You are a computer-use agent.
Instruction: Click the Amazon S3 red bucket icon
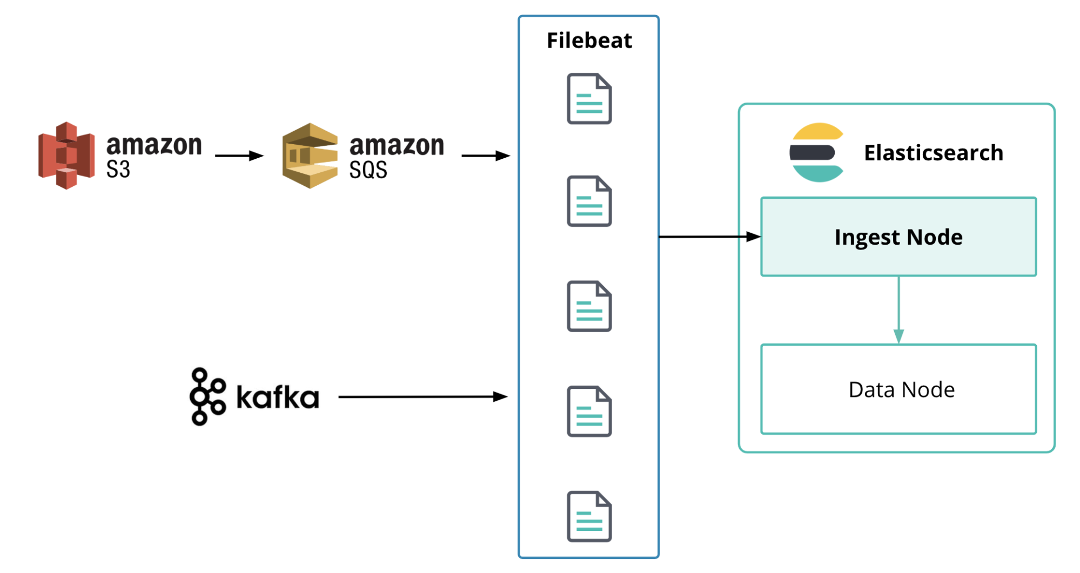(x=66, y=156)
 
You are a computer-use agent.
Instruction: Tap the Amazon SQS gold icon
(x=310, y=156)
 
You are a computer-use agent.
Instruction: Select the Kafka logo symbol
(x=207, y=396)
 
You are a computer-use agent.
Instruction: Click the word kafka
(x=278, y=397)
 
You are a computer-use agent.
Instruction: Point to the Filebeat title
(x=589, y=41)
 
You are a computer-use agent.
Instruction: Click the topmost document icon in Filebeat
(x=589, y=99)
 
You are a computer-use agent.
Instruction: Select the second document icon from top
(x=589, y=201)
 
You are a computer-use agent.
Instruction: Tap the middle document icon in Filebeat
(x=589, y=306)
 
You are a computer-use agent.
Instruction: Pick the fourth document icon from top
(x=589, y=412)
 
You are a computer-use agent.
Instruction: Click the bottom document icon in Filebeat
(x=589, y=516)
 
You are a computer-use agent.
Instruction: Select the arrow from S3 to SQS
(x=239, y=156)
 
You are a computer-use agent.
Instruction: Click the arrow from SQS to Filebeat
(x=485, y=156)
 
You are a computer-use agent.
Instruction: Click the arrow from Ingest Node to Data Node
(x=898, y=310)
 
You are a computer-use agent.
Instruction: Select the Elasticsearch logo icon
(x=817, y=153)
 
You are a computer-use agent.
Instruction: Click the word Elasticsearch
(x=933, y=153)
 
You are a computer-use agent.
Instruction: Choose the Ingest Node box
(x=898, y=237)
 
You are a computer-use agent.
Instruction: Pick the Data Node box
(x=898, y=389)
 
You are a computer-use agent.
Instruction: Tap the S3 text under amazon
(x=118, y=170)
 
